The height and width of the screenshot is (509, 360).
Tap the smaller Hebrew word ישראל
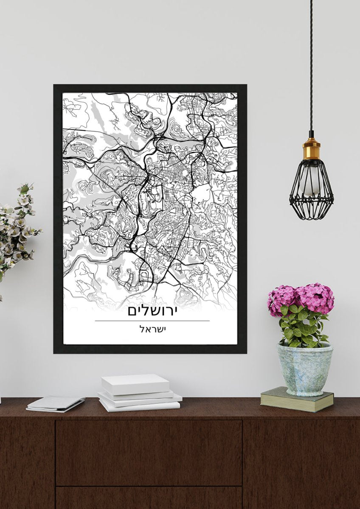pyautogui.click(x=152, y=329)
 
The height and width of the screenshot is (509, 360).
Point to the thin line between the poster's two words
pyautogui.click(x=152, y=321)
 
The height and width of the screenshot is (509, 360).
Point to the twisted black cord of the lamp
pyautogui.click(x=311, y=64)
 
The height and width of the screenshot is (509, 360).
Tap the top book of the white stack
pyautogui.click(x=135, y=383)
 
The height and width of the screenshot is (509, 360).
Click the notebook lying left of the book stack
pyautogui.click(x=55, y=403)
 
